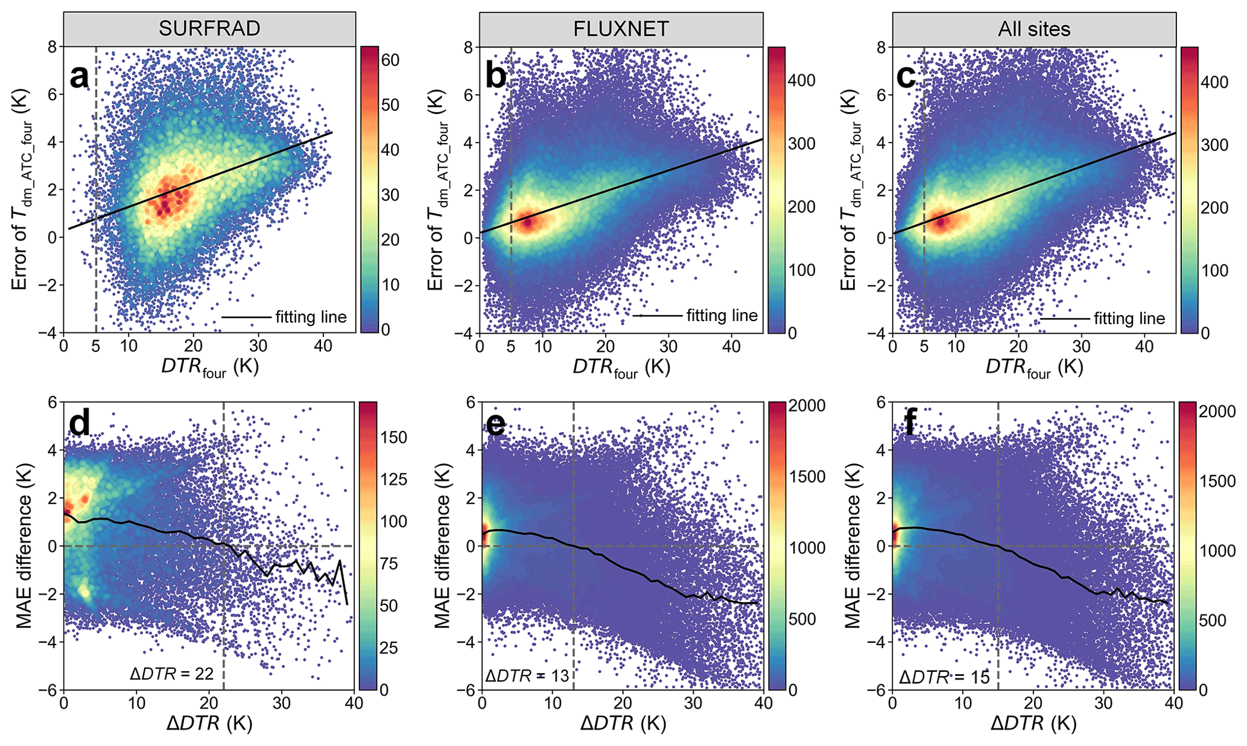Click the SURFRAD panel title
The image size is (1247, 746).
209,29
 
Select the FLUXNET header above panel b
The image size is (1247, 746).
621,29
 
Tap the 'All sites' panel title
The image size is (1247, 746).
1034,29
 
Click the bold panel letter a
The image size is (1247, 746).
80,77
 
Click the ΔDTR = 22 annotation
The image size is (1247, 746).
172,674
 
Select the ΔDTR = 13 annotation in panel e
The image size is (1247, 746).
527,675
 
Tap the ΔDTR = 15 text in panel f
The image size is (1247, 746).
944,677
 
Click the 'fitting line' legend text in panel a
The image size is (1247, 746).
311,317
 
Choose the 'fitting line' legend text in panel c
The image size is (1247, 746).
1129,319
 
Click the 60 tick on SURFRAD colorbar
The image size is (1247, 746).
390,59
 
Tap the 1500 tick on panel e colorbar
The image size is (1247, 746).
808,477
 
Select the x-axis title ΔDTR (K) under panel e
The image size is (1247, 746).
623,723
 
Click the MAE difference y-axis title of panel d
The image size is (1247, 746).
24,546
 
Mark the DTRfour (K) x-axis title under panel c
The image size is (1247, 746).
1034,368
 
